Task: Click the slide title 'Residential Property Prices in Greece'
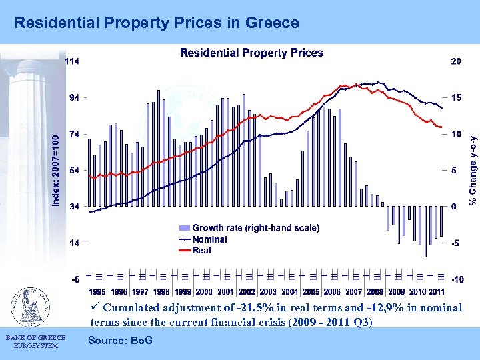point(157,23)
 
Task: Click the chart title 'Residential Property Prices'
point(251,53)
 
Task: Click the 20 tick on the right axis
point(455,61)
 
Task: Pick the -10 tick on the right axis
point(457,279)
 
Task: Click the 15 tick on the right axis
point(455,97)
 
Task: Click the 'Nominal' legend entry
point(209,239)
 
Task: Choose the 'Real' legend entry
point(201,250)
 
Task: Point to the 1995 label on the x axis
point(97,292)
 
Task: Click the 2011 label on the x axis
point(436,292)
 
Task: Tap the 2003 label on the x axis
point(268,292)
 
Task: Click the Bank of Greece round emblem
point(28,307)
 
